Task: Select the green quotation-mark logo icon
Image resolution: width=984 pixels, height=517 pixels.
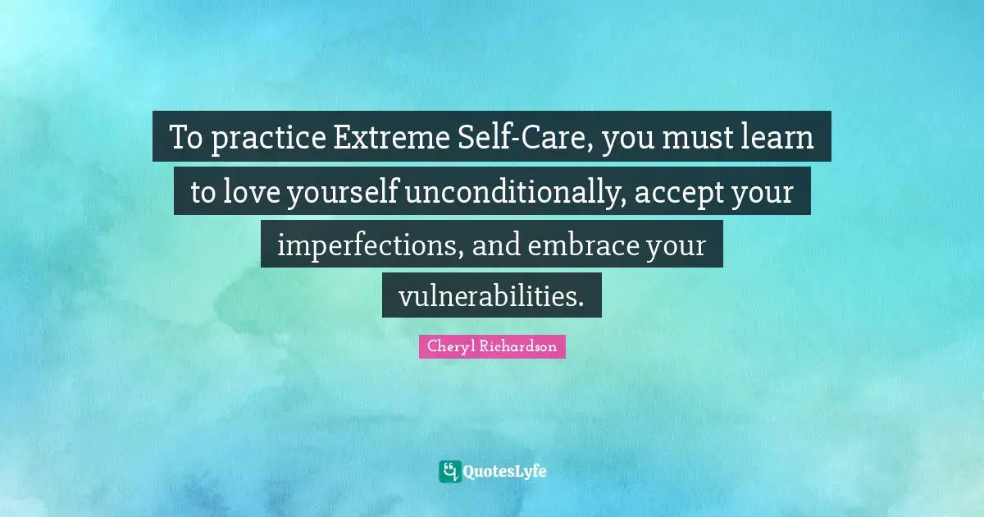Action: tap(450, 471)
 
